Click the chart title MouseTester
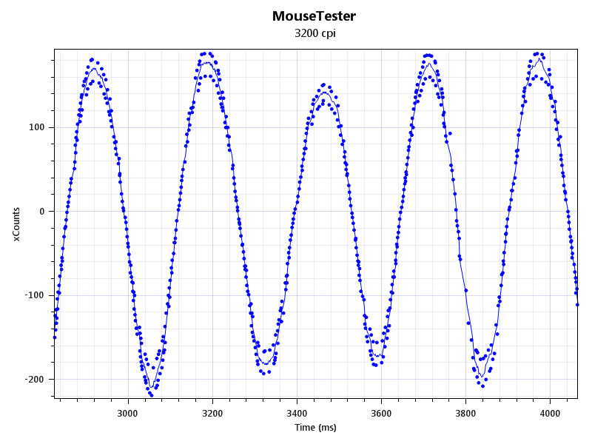click(x=314, y=16)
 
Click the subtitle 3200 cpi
click(x=314, y=33)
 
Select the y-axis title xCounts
click(x=16, y=223)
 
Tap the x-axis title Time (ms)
click(x=315, y=428)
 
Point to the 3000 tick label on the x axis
click(x=128, y=412)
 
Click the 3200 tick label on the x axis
click(x=212, y=412)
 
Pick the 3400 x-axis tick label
click(x=297, y=412)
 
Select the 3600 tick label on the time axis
click(x=381, y=412)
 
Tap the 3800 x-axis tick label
click(x=465, y=412)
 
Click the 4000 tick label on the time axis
click(x=550, y=412)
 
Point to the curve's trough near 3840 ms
click(x=482, y=377)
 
